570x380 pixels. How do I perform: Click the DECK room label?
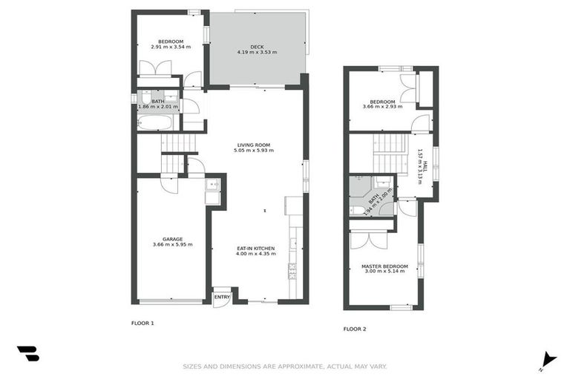click(x=257, y=47)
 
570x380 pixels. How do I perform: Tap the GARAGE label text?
click(x=172, y=239)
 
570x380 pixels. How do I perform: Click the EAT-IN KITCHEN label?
click(x=256, y=248)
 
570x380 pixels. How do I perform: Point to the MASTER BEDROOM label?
click(x=384, y=266)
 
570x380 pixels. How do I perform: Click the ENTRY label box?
click(x=221, y=297)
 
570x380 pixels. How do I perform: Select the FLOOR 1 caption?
click(x=142, y=323)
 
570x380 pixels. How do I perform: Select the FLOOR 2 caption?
click(x=354, y=329)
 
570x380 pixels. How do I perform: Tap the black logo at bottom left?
click(x=28, y=354)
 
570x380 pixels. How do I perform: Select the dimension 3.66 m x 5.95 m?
click(x=172, y=245)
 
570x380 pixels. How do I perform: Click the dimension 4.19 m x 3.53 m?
click(x=257, y=53)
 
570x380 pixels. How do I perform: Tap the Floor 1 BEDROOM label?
click(x=171, y=42)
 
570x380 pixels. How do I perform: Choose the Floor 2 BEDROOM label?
click(x=383, y=101)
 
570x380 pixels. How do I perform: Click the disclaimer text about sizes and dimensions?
click(x=285, y=366)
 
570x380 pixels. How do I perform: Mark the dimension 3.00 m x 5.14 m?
click(x=384, y=272)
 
